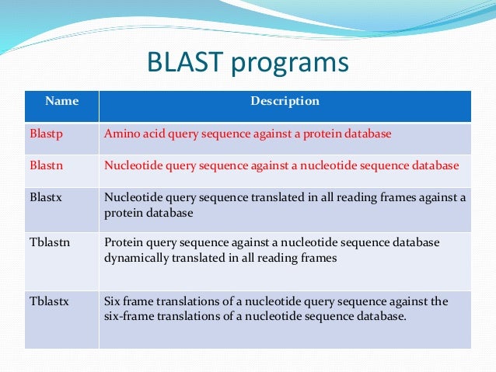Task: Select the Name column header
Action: tap(61, 101)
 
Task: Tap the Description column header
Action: tap(285, 101)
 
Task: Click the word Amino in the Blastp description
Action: tap(120, 134)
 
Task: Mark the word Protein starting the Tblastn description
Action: tap(123, 242)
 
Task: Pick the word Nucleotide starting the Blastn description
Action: tap(132, 165)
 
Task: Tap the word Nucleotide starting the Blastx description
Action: tap(132, 197)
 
